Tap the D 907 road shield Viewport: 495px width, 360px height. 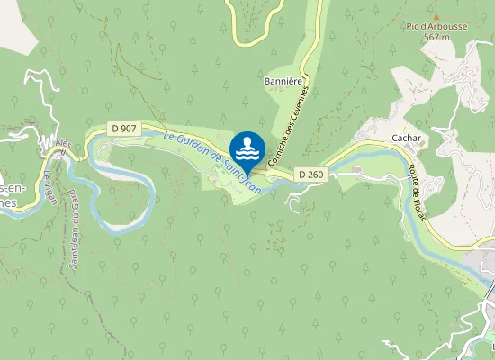(123, 129)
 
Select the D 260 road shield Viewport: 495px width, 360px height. (310, 174)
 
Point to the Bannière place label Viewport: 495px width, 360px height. (281, 81)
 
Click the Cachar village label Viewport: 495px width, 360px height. (407, 138)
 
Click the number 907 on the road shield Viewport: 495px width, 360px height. (129, 129)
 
